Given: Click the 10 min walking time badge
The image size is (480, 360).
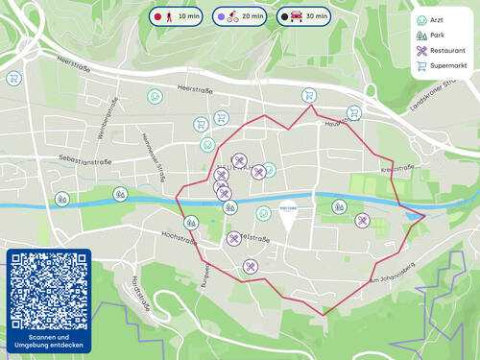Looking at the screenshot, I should (175, 16).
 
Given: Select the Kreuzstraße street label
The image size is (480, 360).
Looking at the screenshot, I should (396, 169).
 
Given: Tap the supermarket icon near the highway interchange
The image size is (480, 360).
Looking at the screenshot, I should (13, 79).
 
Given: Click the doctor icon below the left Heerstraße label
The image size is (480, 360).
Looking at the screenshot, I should (155, 97).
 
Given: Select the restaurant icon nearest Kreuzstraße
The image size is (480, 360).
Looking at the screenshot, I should (362, 221).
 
